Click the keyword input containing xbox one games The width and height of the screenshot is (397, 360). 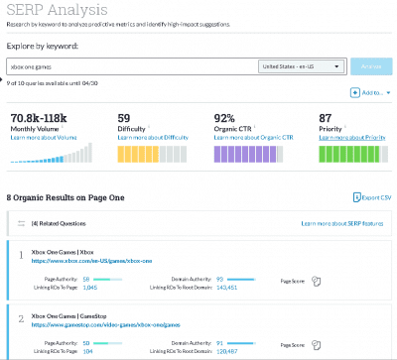(x=129, y=66)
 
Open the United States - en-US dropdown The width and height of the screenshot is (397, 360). (x=301, y=66)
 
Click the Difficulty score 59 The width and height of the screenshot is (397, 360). (x=123, y=117)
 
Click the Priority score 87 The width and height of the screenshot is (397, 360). (x=325, y=117)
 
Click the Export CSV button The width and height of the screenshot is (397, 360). (x=373, y=198)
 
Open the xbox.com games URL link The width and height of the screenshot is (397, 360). (x=92, y=260)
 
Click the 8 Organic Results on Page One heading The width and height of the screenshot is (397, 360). (x=66, y=197)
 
